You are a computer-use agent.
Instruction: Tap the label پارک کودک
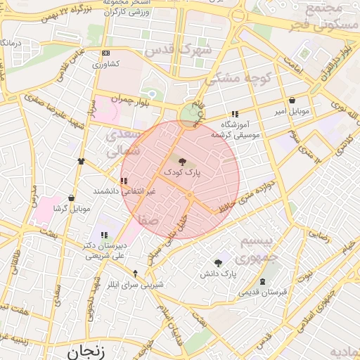click(x=183, y=172)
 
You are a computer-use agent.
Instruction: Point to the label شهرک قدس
click(x=177, y=51)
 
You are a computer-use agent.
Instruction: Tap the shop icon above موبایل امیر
click(x=292, y=101)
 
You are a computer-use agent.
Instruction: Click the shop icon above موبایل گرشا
click(x=72, y=198)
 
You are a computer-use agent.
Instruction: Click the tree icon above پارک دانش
click(x=218, y=262)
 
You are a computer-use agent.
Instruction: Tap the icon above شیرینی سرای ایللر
click(x=136, y=274)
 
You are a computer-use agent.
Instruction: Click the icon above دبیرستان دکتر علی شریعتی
click(x=104, y=235)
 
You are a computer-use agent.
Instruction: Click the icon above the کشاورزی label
click(x=105, y=53)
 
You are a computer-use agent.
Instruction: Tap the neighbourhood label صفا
click(x=148, y=220)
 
